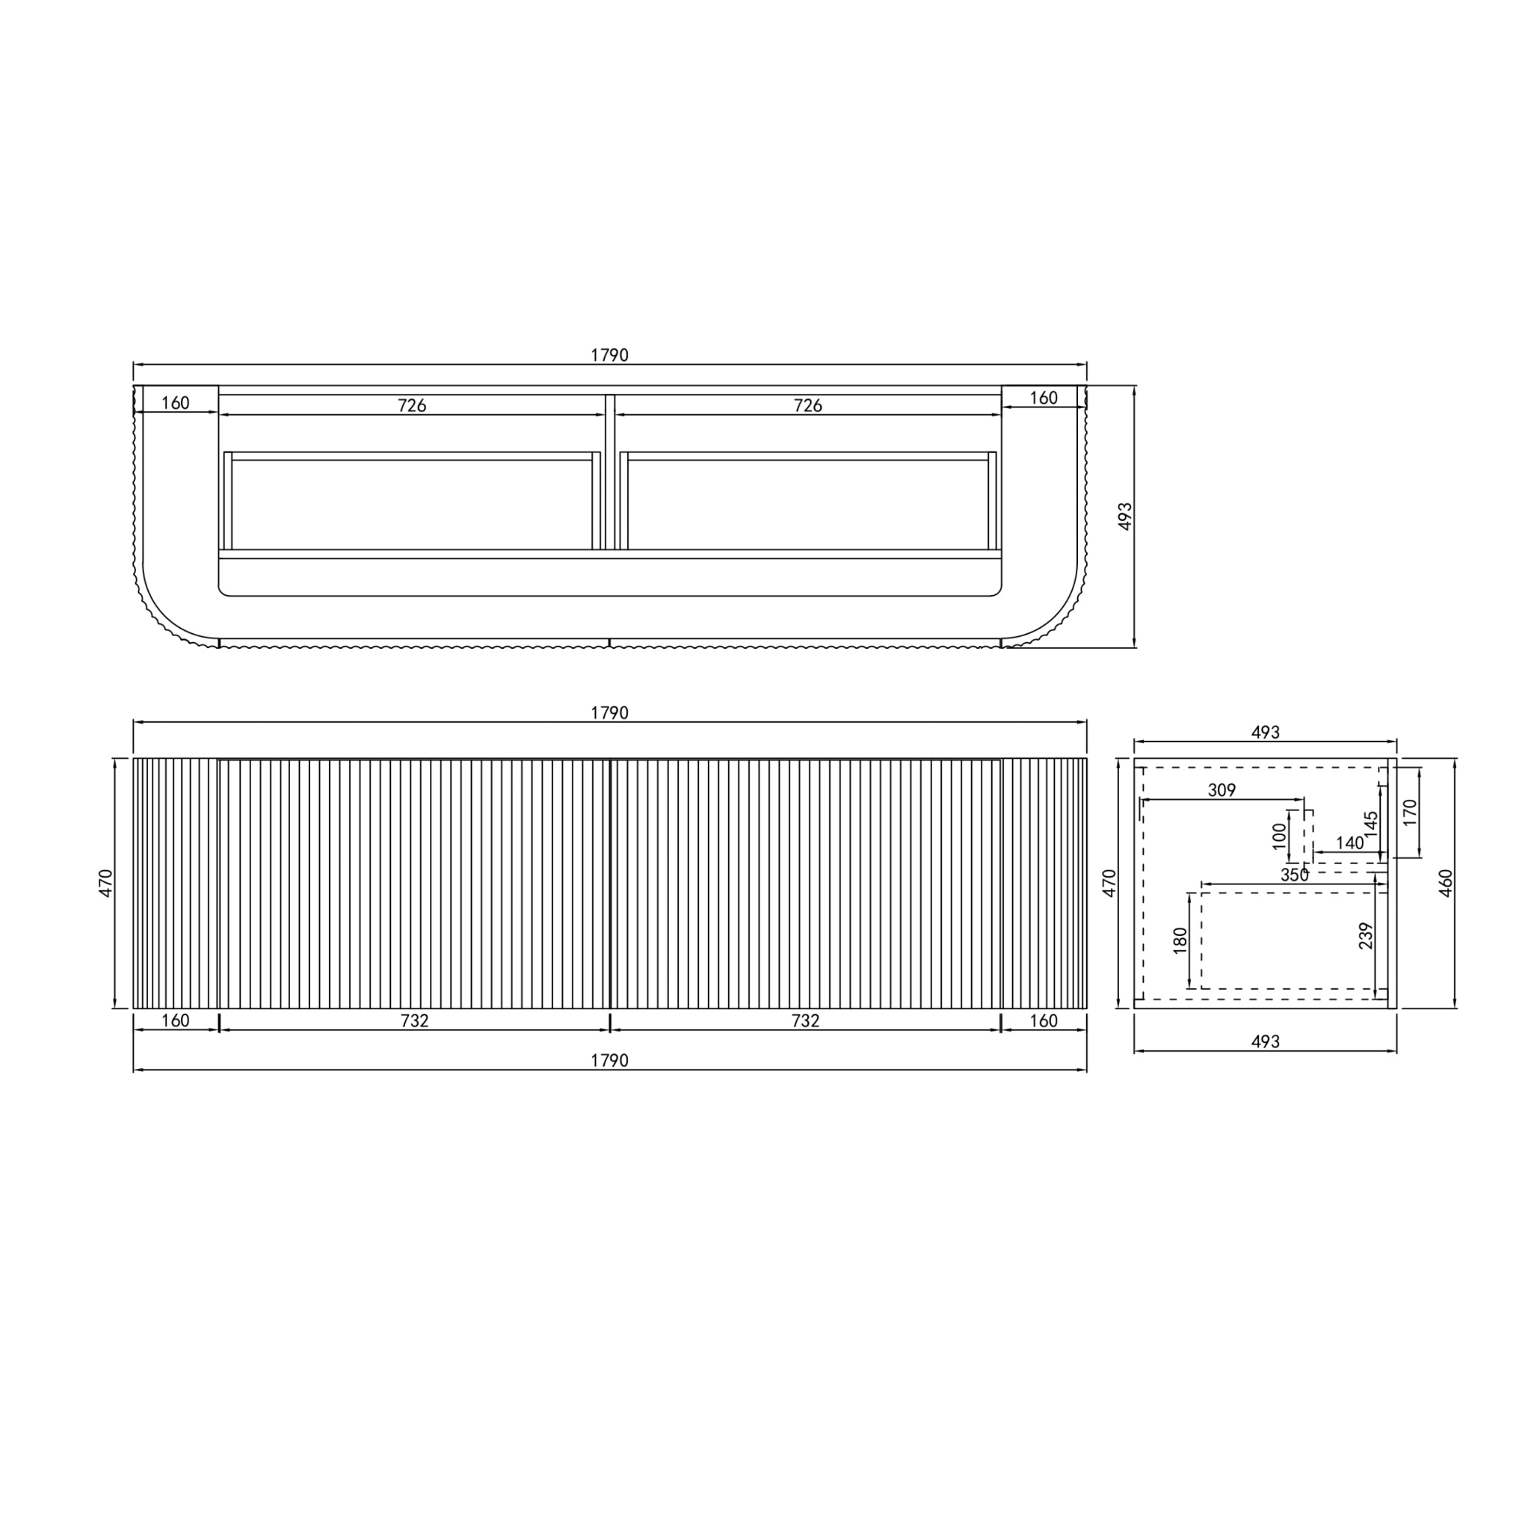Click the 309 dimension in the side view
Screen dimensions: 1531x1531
1222,790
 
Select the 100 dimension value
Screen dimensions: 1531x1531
1279,836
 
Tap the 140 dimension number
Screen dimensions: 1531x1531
1349,843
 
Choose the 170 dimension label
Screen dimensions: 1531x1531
1410,813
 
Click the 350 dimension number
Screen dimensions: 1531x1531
1294,875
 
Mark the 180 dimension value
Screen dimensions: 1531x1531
1180,940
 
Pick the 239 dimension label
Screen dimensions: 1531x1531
1364,936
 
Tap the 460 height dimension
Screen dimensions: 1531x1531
1447,883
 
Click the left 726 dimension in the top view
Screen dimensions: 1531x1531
412,406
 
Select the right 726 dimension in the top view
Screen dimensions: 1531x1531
807,406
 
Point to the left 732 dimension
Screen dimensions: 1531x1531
414,1020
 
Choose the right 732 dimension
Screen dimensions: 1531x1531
805,1020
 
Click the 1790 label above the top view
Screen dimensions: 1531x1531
609,355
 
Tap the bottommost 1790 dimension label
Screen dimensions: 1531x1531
609,1060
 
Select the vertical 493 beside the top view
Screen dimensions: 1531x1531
1125,516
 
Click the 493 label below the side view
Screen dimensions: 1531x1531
1265,1041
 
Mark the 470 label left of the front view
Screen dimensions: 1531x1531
106,883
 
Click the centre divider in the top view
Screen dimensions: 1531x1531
610,472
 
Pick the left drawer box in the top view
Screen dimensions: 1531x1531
412,501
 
